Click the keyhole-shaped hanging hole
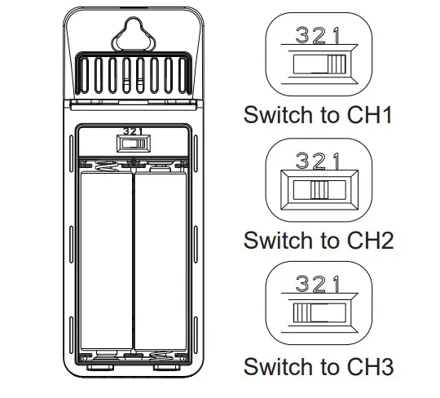click(134, 34)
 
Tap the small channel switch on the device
click(134, 144)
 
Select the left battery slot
click(107, 261)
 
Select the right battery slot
click(161, 261)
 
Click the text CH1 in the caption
click(369, 115)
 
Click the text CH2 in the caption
click(371, 241)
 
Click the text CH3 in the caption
click(371, 366)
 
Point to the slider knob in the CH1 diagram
click(337, 64)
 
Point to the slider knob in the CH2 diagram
click(319, 190)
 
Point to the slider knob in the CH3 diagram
click(302, 312)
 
